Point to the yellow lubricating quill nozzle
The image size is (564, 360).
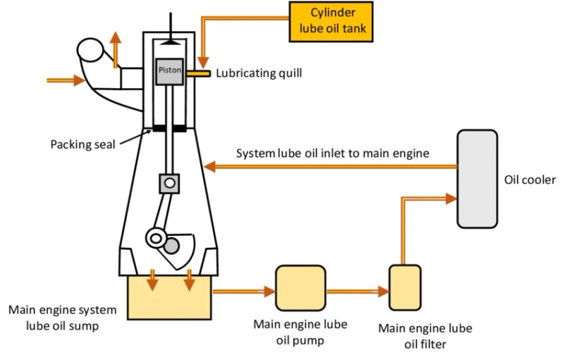click(x=200, y=73)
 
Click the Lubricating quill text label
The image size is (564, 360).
click(x=259, y=73)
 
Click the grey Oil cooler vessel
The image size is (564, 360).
click(x=477, y=179)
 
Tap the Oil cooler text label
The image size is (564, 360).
click(x=530, y=179)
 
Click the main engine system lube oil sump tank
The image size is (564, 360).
click(x=169, y=297)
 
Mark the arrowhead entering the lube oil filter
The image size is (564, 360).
click(x=384, y=290)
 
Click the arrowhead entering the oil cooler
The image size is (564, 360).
click(x=450, y=199)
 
